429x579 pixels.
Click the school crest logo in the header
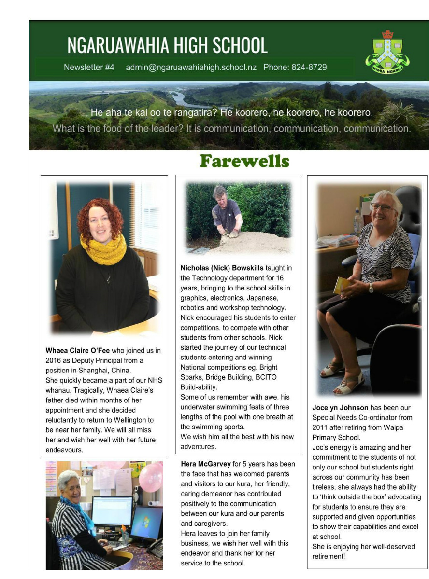point(387,52)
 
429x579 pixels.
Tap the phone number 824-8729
point(309,68)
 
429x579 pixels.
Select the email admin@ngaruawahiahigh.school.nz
point(191,68)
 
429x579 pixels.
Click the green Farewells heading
point(244,161)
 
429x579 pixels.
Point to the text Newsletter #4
point(89,68)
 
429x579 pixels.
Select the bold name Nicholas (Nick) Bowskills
point(222,268)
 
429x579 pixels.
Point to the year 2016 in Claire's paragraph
point(54,361)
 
